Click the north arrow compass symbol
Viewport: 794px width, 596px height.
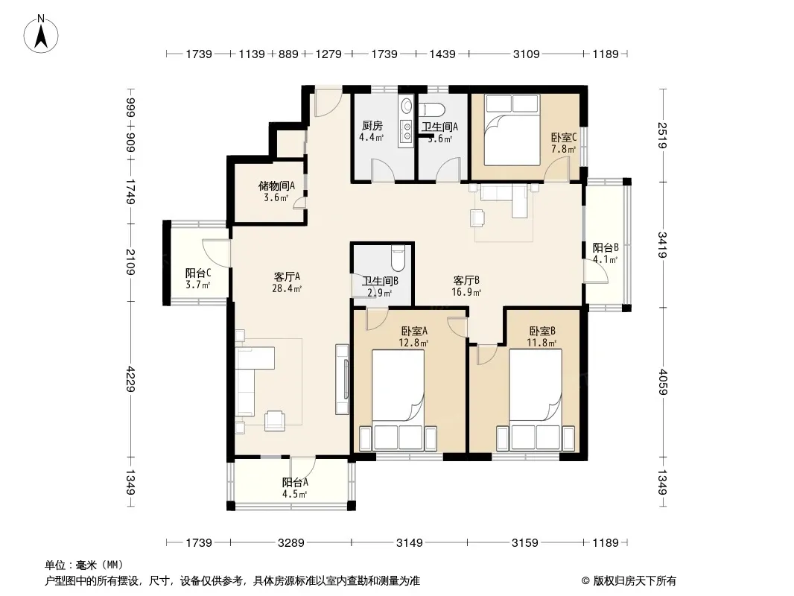click(41, 34)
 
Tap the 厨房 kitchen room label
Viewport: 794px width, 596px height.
click(372, 126)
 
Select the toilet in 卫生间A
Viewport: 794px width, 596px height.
click(431, 110)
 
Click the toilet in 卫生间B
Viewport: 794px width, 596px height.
click(398, 257)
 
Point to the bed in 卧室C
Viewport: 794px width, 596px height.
click(512, 130)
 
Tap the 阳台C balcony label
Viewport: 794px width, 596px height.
click(197, 273)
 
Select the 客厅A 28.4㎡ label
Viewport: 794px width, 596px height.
click(287, 282)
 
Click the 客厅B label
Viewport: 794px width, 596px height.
click(466, 280)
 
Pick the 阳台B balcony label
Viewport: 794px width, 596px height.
click(606, 247)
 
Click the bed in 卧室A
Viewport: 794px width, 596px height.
click(398, 400)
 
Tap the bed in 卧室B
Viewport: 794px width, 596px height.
click(536, 400)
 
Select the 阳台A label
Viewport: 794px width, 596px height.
click(295, 483)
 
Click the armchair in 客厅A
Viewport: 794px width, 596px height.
click(274, 419)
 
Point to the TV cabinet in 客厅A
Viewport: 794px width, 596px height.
click(343, 380)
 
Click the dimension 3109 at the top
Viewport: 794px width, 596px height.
click(526, 54)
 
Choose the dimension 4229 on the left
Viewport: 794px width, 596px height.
click(131, 378)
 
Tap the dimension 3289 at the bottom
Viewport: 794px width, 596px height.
click(291, 543)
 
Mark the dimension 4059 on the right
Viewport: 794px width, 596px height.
click(663, 382)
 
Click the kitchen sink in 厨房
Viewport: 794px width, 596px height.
click(406, 130)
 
